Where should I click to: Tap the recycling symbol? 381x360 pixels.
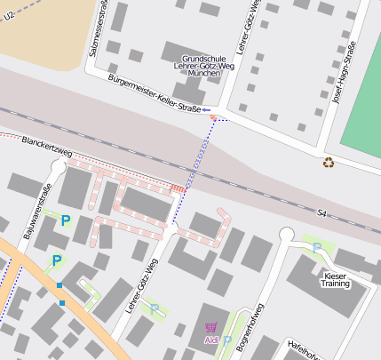(x=329, y=162)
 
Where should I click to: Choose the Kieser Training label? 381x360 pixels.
(x=336, y=280)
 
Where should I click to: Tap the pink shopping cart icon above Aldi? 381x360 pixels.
(x=210, y=327)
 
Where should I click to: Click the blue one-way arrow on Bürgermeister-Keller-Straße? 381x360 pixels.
(x=205, y=109)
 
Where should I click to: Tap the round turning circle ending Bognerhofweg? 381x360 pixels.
(x=286, y=235)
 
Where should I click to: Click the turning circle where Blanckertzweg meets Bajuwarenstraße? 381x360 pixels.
(x=60, y=165)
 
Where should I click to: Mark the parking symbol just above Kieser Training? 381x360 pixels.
(x=317, y=248)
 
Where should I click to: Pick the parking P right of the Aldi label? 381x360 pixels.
(x=227, y=340)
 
